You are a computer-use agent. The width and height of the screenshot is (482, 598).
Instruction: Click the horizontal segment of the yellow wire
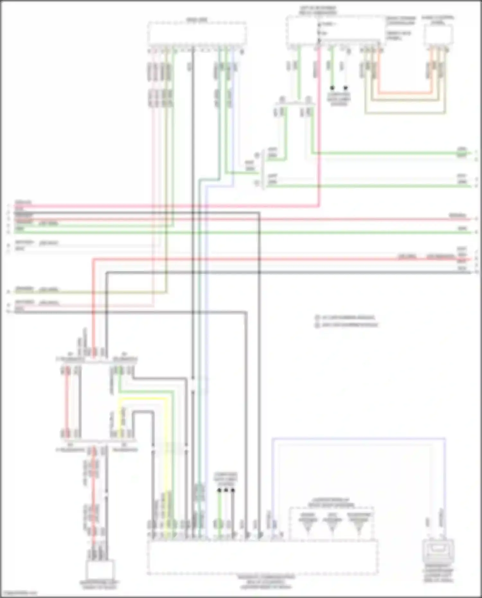click(143, 399)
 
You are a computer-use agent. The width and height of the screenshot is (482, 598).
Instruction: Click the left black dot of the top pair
click(332, 88)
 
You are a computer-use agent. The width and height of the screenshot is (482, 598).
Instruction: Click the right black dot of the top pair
click(346, 88)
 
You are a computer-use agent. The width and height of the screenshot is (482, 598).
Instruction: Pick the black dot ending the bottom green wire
click(219, 490)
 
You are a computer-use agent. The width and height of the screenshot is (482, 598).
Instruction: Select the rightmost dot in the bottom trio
click(233, 490)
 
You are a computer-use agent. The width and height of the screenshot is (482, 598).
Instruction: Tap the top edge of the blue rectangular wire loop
click(358, 438)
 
